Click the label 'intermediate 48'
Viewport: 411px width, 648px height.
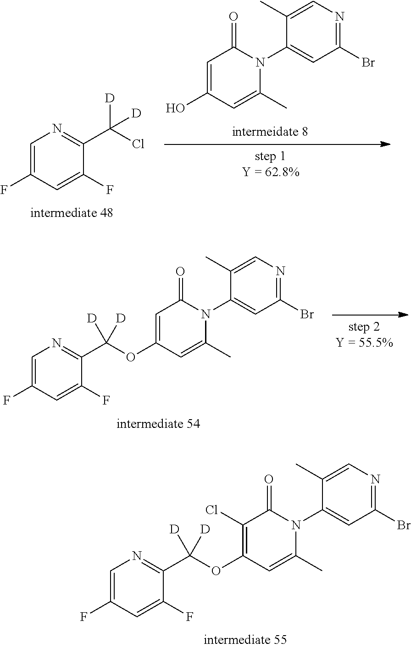point(71,213)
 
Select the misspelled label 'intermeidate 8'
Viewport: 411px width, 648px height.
point(270,132)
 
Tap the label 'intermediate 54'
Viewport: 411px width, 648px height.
point(158,423)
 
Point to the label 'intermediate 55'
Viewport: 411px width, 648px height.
point(245,639)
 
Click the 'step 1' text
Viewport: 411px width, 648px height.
point(270,156)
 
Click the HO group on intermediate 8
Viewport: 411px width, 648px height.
point(176,109)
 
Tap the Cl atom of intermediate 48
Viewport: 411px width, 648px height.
point(138,145)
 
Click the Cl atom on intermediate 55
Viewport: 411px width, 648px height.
point(212,510)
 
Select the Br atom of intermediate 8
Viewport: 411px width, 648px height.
point(368,62)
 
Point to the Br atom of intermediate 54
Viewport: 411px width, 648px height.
point(306,315)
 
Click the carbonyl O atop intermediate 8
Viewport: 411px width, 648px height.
point(233,17)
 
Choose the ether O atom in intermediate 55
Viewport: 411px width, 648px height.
point(216,570)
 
